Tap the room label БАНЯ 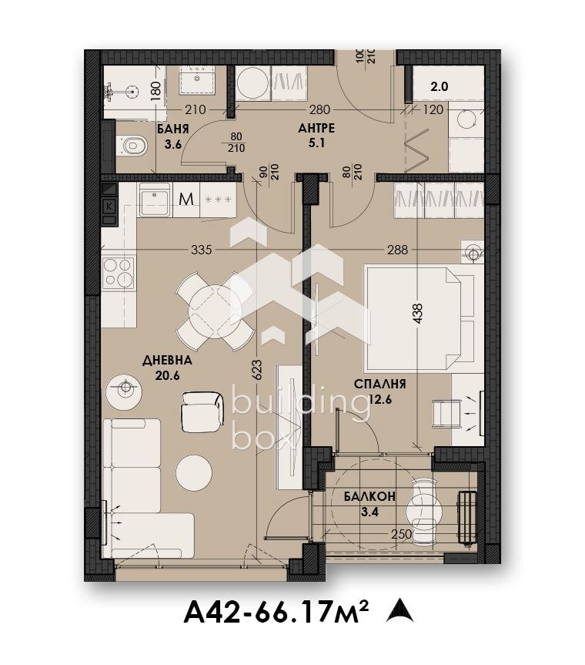(x=173, y=129)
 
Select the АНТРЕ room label (x=316, y=129)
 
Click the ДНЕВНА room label (x=167, y=361)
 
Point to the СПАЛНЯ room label (x=379, y=385)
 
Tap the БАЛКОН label (x=369, y=496)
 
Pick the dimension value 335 (x=201, y=250)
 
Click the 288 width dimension (x=398, y=250)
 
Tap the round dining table (x=216, y=312)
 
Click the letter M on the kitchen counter (x=186, y=199)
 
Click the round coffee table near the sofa (x=194, y=473)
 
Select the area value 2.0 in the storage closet (x=440, y=86)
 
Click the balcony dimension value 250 (x=402, y=534)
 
